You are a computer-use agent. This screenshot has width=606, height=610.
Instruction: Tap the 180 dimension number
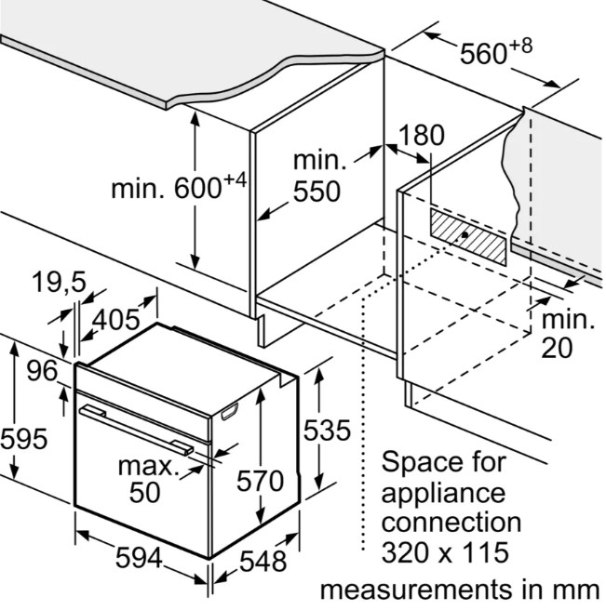click(x=421, y=136)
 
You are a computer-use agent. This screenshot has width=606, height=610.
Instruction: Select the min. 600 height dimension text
click(x=179, y=187)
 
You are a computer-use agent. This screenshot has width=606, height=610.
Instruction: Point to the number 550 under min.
click(x=316, y=192)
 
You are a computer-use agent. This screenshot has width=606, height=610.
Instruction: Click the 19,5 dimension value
click(x=59, y=282)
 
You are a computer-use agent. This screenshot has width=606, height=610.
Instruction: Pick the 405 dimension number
click(x=115, y=320)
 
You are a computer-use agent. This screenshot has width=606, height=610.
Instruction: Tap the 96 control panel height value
click(x=42, y=371)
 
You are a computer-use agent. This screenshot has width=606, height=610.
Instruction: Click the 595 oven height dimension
click(x=24, y=439)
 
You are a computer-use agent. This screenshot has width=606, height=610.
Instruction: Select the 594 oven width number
click(x=139, y=558)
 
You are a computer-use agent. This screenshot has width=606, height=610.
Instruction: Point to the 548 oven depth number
click(x=263, y=561)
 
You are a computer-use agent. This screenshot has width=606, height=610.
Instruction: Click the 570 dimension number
click(x=260, y=481)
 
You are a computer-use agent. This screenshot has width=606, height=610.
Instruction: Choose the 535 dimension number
click(x=327, y=431)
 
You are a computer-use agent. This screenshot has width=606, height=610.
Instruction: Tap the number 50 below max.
click(x=144, y=492)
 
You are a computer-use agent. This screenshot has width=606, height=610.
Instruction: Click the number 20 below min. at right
click(x=557, y=348)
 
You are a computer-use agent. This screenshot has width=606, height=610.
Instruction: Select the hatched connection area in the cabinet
click(x=468, y=236)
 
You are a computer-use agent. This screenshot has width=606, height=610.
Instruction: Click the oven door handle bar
click(x=136, y=429)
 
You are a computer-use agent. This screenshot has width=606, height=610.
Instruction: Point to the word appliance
click(x=443, y=494)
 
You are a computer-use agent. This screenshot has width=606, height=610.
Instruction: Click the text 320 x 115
click(x=445, y=551)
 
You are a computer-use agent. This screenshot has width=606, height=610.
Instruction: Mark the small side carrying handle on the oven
click(x=229, y=411)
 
